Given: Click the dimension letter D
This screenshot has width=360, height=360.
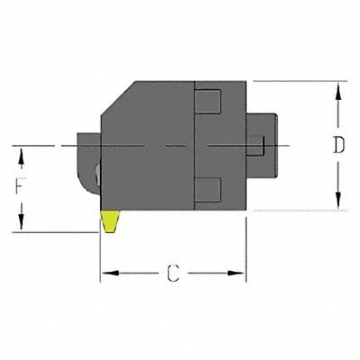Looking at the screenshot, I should click(338, 146).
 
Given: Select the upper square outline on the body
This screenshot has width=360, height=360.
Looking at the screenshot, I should click(207, 102).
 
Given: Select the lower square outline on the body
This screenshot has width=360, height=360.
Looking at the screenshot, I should click(207, 189).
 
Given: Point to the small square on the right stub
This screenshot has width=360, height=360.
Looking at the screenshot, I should click(256, 145).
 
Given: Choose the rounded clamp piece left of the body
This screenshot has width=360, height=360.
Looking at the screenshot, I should click(88, 162).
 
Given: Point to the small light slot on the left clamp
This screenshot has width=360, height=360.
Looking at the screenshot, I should click(94, 173).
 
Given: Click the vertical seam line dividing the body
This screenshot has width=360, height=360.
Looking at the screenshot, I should click(194, 146).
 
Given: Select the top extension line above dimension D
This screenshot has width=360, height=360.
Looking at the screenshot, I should click(297, 82).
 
